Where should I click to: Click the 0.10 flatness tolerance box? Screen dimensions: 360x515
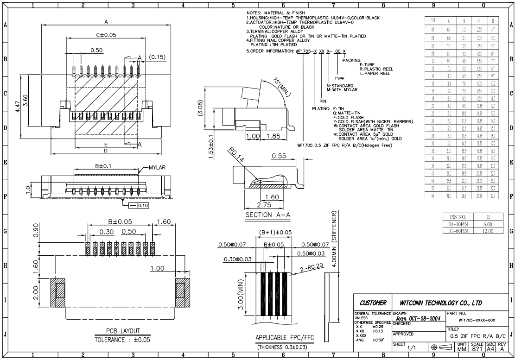137,205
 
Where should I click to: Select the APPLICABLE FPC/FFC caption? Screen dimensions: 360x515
283,338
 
